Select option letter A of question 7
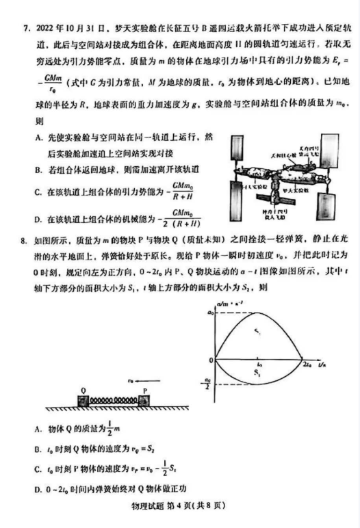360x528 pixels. pos(37,137)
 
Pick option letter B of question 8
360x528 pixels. pos(37,449)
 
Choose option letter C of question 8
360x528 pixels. pos(37,471)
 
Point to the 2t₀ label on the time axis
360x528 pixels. pos(307,366)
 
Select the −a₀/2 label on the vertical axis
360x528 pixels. pos(206,384)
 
